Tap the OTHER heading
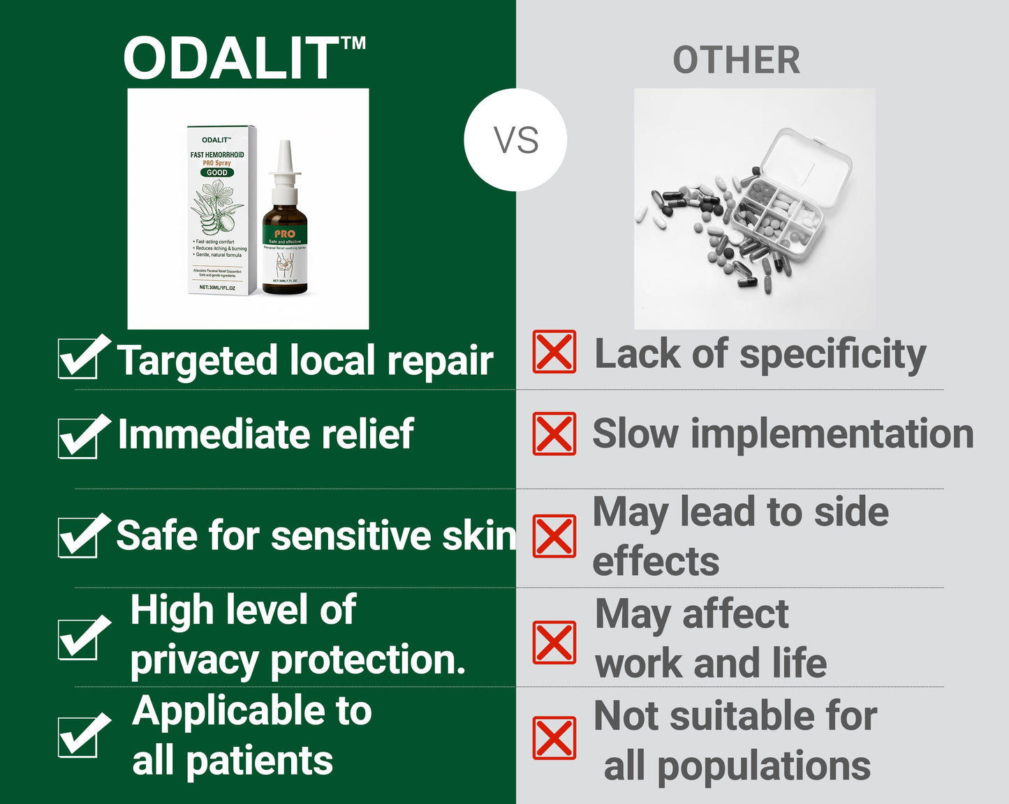tap(736, 60)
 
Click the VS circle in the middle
tap(515, 140)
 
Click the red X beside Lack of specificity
tap(554, 352)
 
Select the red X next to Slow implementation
tap(554, 433)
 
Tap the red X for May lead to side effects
tap(554, 536)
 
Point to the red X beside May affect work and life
tap(554, 642)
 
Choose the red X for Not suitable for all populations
tap(554, 738)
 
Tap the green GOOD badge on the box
tap(217, 172)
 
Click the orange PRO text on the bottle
tap(285, 234)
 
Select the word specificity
tap(832, 355)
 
